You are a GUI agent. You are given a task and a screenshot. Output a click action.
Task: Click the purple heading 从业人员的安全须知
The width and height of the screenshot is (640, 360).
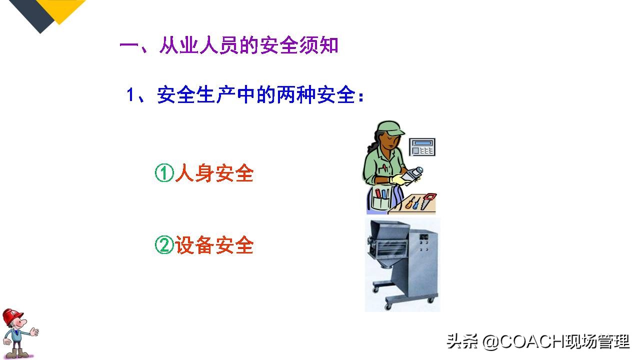coord(248,46)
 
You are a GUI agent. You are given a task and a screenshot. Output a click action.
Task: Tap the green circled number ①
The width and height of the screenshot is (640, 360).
coord(164,174)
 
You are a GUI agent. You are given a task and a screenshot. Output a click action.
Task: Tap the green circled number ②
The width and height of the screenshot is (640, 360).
coord(164,245)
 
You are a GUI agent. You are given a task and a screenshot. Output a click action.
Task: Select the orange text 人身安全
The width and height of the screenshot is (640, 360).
coord(214,174)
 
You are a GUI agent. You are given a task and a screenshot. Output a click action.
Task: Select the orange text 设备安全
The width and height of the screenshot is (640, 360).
coord(214,245)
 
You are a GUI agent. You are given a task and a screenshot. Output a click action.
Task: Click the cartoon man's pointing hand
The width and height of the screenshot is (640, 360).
coord(34,331)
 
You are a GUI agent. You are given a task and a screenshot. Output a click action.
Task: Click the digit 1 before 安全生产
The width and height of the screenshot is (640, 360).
coord(130,95)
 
